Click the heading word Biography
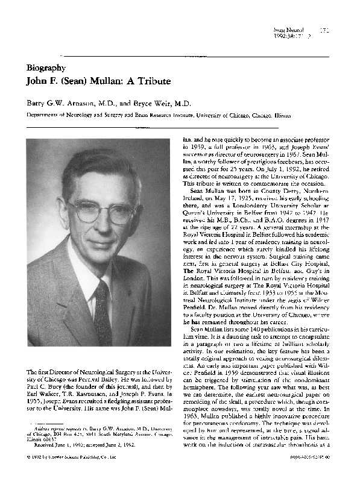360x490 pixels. tap(46, 68)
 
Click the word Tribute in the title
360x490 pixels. tap(153, 81)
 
